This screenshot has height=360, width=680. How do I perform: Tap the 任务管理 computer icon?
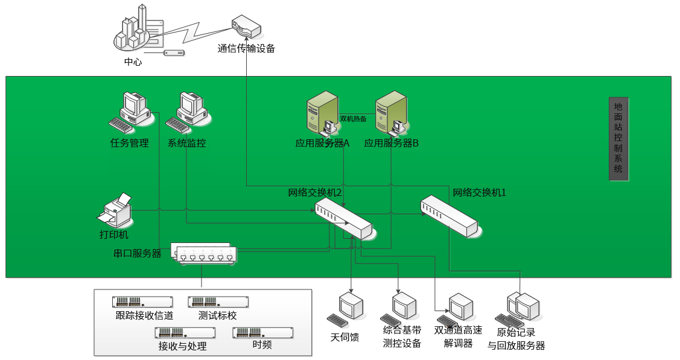coord(130,112)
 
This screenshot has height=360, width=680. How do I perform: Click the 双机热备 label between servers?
coord(354,119)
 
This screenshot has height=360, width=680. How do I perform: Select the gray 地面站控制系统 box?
coord(618,139)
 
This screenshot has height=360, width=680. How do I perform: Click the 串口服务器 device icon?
coord(204,254)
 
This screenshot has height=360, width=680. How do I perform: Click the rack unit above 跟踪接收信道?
coord(142,302)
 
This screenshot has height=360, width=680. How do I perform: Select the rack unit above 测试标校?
coord(218,302)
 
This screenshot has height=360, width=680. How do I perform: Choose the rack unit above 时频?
coord(262,332)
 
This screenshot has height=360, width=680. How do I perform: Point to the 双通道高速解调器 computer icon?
coord(457,309)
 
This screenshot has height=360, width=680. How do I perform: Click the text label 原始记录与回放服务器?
coord(516,339)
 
